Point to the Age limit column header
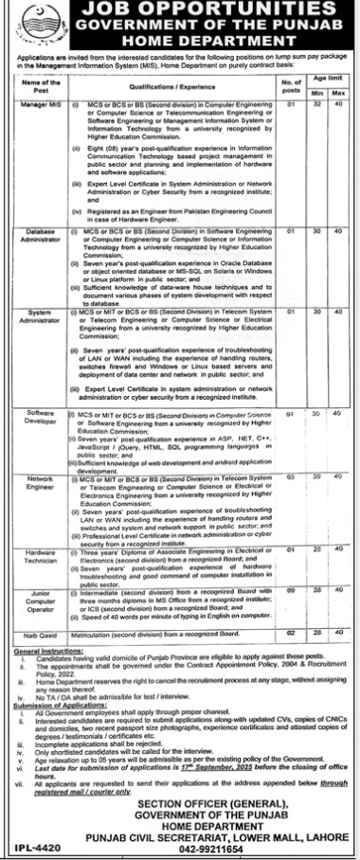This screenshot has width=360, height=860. click(x=327, y=79)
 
